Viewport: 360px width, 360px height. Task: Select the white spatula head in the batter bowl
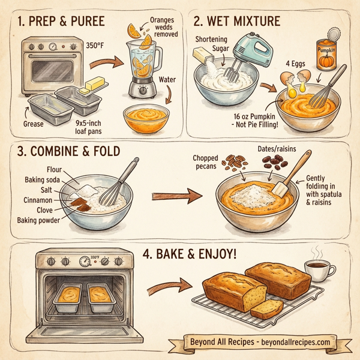point(281,188)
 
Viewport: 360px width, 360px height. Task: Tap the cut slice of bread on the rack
point(267,308)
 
